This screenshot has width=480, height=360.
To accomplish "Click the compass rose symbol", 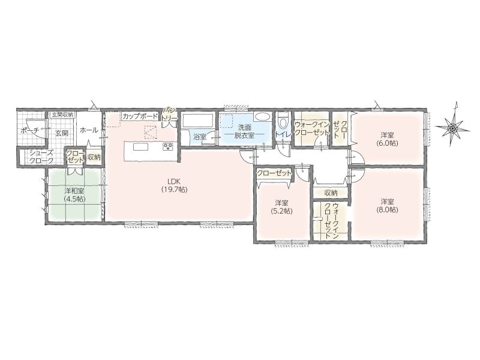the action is tap(452, 128).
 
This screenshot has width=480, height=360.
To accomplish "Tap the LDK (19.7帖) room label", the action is tap(174, 185).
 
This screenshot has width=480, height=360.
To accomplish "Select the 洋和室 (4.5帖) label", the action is tap(74, 194).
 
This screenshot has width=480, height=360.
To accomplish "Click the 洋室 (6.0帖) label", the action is tap(387, 139).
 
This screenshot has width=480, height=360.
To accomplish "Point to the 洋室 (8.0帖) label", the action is tap(387, 205).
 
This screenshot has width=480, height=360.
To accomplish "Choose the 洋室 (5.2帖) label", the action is tap(281, 206).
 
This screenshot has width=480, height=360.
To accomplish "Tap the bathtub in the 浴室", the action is tap(198, 121).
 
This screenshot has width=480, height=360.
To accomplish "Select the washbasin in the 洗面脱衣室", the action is tap(262, 116).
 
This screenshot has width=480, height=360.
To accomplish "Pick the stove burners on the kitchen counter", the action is tap(168, 146).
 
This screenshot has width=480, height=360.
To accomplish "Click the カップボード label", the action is tap(140, 116).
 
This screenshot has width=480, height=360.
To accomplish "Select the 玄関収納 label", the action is tap(62, 115).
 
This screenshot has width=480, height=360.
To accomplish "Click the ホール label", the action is tap(89, 130).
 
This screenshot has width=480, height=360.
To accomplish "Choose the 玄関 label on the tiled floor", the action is tap(62, 133).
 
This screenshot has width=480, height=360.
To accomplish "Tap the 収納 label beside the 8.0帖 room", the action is tap(331, 193).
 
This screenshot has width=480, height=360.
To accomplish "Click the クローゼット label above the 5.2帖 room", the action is tap(274, 173).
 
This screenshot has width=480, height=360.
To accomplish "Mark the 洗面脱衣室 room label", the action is tap(245, 131).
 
